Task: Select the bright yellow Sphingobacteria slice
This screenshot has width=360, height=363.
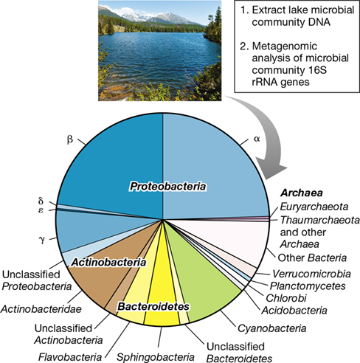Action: (x=161, y=295)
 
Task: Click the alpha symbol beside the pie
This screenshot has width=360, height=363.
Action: (x=257, y=139)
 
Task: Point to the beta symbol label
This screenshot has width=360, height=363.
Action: (x=70, y=139)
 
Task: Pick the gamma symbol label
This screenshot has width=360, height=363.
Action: (x=42, y=239)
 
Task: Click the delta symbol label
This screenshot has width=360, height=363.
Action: (x=41, y=201)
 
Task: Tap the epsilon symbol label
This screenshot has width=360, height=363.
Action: (x=41, y=210)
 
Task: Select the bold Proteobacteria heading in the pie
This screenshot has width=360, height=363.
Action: (x=167, y=187)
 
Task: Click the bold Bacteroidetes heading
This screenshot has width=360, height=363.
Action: (x=153, y=306)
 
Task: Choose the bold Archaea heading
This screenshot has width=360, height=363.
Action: (x=302, y=193)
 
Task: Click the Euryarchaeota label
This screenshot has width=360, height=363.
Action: (x=314, y=207)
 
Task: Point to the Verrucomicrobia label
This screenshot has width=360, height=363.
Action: (x=312, y=274)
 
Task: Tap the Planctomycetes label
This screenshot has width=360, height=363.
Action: (x=308, y=286)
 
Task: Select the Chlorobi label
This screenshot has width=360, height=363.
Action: (x=286, y=298)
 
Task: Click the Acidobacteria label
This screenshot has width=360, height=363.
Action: (x=294, y=311)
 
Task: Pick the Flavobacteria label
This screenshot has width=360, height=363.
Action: (x=70, y=357)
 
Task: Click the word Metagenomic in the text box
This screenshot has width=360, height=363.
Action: (x=285, y=46)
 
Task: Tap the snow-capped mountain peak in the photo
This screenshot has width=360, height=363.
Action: (x=170, y=15)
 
